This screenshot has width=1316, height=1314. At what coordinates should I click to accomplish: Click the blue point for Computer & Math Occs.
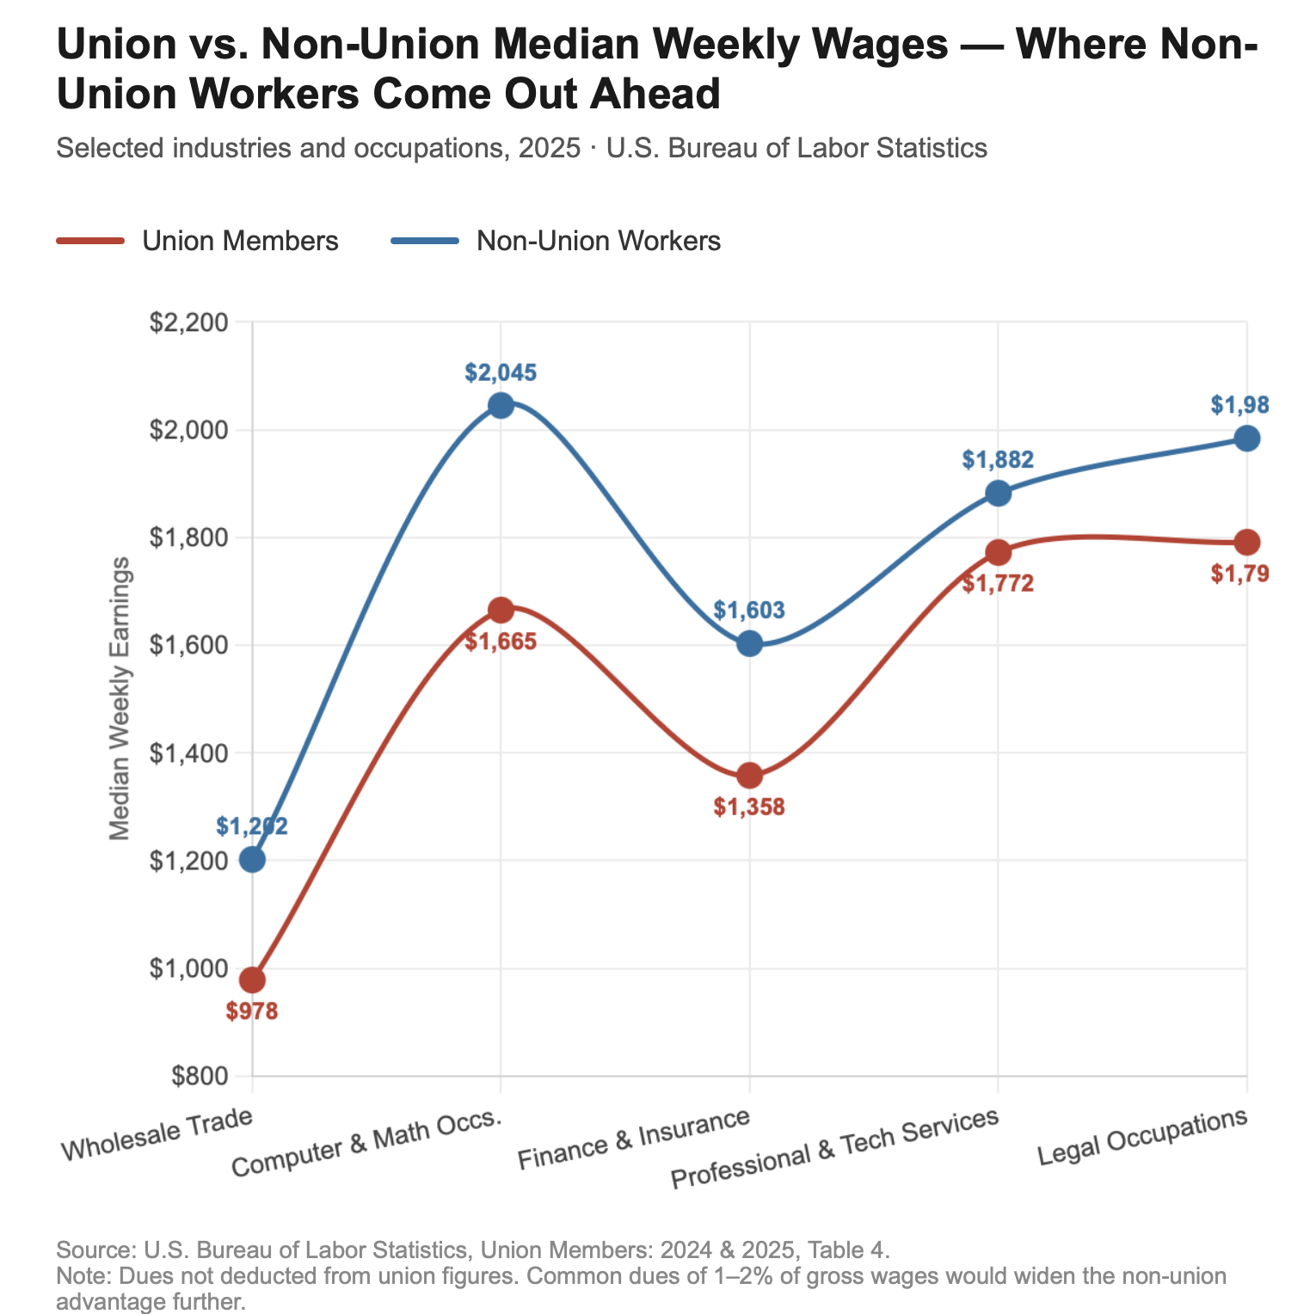coord(501,405)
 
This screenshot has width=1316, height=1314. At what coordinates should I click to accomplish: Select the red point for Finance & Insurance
coord(749,776)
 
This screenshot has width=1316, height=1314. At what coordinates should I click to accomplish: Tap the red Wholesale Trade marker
coord(252,980)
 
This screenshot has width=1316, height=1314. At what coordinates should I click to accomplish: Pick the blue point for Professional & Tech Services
coord(998,493)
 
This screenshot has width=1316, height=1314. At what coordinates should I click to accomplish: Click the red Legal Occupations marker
coord(1246,542)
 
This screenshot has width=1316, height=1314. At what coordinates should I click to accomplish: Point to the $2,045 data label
coord(501,372)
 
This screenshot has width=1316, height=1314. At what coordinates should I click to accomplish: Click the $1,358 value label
coord(749,807)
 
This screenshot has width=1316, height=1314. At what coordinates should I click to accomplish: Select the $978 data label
coord(252,1011)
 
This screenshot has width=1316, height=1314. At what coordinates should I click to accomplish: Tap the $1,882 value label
coord(998,460)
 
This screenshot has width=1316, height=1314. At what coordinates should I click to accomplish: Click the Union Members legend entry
coord(198,241)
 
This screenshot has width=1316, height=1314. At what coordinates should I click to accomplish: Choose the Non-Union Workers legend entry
coord(556,241)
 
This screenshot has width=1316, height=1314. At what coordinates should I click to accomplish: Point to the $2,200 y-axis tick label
coord(188,322)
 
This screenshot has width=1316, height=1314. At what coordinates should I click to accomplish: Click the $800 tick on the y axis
coord(200,1076)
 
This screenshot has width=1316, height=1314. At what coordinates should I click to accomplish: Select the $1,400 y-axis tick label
coord(188,753)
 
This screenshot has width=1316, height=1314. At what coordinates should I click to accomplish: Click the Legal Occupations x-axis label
coord(1142,1138)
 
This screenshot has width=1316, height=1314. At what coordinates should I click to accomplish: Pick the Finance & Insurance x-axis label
coord(633,1141)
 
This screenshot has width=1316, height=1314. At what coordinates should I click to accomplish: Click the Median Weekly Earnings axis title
coord(120,698)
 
